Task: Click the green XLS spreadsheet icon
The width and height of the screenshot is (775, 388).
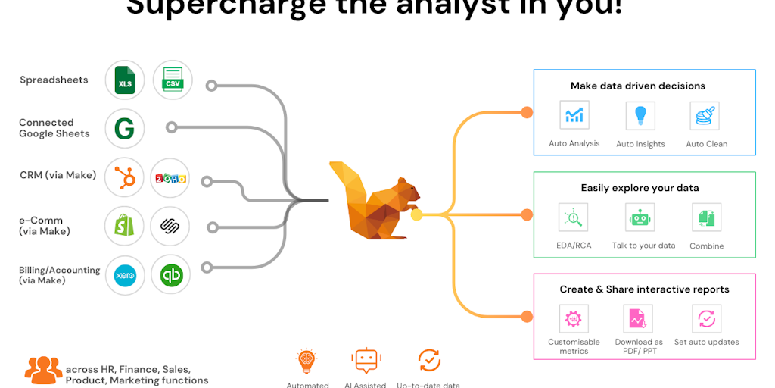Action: tap(125, 80)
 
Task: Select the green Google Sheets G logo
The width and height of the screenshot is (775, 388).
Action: tap(125, 128)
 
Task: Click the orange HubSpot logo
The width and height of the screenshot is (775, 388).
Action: tap(125, 177)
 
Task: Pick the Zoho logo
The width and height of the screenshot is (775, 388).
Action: tap(171, 178)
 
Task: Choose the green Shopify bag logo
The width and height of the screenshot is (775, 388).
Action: tap(125, 226)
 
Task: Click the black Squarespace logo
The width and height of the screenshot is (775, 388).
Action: tap(170, 226)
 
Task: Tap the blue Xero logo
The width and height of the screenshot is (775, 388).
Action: tap(125, 275)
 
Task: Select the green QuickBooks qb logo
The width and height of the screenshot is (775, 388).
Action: tap(171, 275)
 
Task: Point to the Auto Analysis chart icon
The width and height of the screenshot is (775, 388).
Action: tap(574, 115)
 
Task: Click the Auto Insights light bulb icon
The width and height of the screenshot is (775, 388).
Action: tap(640, 115)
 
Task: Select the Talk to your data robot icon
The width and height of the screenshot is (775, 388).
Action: tap(640, 217)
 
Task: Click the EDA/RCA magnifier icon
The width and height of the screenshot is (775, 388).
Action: tap(573, 217)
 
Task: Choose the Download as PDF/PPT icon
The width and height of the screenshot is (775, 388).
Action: tap(638, 319)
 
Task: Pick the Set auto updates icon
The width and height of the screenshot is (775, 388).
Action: tap(706, 319)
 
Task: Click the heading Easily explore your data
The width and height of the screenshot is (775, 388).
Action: tap(640, 188)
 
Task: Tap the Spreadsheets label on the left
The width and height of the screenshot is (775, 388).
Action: tap(54, 80)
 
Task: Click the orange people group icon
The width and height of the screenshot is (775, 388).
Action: tap(43, 369)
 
